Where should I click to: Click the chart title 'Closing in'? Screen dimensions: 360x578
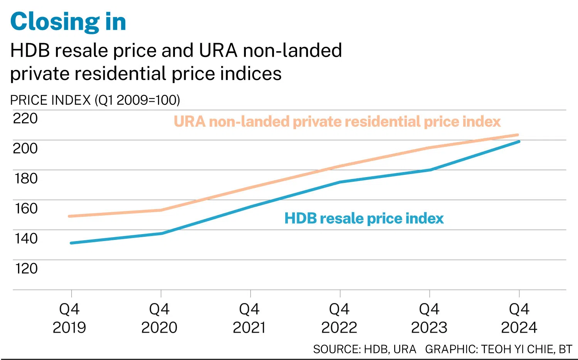pyautogui.click(x=68, y=22)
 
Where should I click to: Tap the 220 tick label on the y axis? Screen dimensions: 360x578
pyautogui.click(x=25, y=118)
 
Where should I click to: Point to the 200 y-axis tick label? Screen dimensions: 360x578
pyautogui.click(x=25, y=148)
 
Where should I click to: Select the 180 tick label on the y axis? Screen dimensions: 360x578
pyautogui.click(x=26, y=178)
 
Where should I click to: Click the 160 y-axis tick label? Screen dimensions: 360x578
pyautogui.click(x=26, y=208)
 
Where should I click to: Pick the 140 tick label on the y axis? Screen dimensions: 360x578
pyautogui.click(x=26, y=238)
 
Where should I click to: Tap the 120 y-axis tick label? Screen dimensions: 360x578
pyautogui.click(x=26, y=268)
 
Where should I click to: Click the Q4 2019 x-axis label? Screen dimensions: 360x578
pyautogui.click(x=69, y=318)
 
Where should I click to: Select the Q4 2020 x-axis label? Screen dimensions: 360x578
pyautogui.click(x=159, y=318)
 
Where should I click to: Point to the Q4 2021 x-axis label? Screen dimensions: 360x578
pyautogui.click(x=249, y=318)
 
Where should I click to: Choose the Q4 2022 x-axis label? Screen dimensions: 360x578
pyautogui.click(x=339, y=318)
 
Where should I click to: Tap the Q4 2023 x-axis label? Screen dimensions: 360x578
pyautogui.click(x=429, y=318)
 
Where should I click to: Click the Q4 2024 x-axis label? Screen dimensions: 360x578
pyautogui.click(x=519, y=318)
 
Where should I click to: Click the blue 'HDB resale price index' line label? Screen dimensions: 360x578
pyautogui.click(x=364, y=219)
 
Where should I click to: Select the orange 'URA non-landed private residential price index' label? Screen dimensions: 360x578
pyautogui.click(x=337, y=122)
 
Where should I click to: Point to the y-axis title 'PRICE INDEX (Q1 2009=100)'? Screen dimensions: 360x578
pyautogui.click(x=95, y=100)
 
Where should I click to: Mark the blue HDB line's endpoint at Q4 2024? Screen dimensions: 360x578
pyautogui.click(x=519, y=142)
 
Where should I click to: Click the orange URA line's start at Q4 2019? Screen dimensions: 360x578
pyautogui.click(x=70, y=216)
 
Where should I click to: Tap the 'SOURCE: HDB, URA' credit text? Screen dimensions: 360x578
pyautogui.click(x=365, y=349)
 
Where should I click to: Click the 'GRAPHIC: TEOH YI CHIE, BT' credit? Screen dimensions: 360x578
pyautogui.click(x=499, y=349)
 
